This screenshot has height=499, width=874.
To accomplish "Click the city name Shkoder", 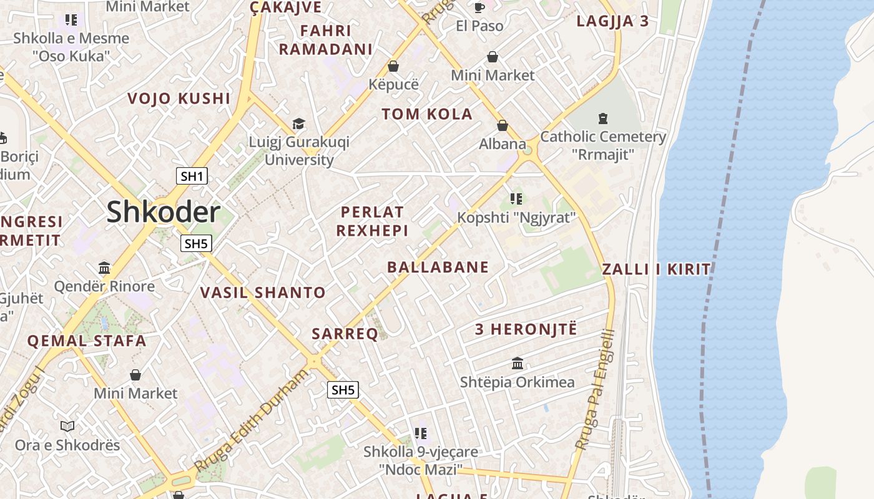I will [163, 212].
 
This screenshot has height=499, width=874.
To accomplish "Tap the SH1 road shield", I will [192, 176].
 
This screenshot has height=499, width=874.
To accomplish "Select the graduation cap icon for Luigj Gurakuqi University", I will [298, 124].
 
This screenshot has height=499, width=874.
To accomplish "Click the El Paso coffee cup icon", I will [479, 7].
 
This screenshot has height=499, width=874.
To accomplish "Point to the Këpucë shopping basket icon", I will [393, 65].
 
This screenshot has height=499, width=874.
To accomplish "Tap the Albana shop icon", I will [503, 125].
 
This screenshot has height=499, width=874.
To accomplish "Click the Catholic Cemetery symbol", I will [602, 117].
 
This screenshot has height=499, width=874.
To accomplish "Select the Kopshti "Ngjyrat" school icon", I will [516, 199].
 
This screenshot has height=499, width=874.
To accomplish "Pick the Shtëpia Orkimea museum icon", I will [518, 363].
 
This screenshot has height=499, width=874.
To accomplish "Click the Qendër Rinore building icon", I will [104, 268].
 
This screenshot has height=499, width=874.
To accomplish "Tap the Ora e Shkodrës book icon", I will [67, 426].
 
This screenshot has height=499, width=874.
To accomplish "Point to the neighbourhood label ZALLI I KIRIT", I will [656, 269].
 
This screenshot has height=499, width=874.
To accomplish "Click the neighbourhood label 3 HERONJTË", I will [526, 329].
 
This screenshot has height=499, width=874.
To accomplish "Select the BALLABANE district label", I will [438, 267].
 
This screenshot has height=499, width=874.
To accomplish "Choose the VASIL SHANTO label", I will [263, 292].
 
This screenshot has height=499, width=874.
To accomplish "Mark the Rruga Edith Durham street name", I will [252, 420].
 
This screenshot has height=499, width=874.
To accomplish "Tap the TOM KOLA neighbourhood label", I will [427, 114].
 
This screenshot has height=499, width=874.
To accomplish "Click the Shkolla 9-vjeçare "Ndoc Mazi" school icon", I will [421, 432].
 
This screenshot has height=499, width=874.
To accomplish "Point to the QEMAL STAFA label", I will [87, 341].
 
